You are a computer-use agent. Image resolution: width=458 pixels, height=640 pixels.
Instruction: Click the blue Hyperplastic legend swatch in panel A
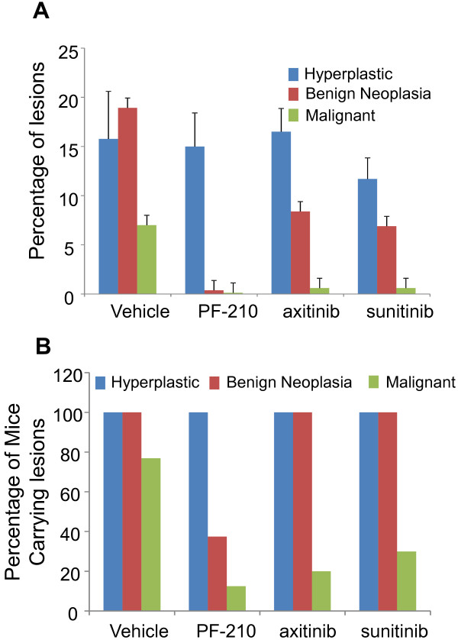[x=293, y=76]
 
